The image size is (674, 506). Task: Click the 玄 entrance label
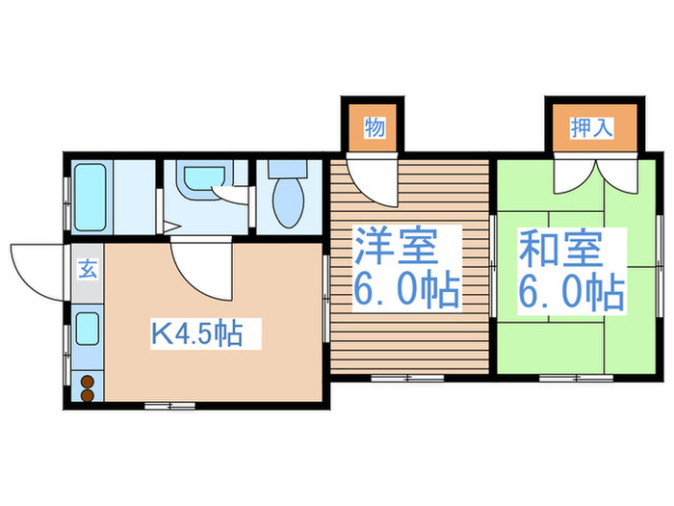coord(87,270)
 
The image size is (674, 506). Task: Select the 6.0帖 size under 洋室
coord(403,291)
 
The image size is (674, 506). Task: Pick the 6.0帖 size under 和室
coord(571,292)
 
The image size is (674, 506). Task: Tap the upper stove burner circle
coord(88,380)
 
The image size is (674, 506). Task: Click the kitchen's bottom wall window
coord(169,406)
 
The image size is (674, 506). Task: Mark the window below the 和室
coord(564,376)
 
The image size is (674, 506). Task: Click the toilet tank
coord(286,166)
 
